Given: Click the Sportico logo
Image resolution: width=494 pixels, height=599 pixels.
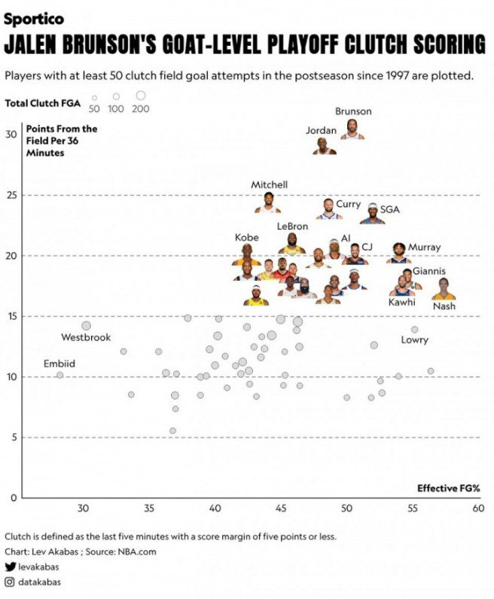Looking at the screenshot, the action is (34, 19).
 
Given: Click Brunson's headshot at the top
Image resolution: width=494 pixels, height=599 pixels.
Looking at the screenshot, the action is (352, 129).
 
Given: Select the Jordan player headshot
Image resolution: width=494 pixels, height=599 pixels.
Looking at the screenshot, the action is (325, 146).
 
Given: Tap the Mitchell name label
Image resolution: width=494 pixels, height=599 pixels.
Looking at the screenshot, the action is (269, 185).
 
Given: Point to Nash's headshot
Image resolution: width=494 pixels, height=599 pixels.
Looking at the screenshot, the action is (444, 289).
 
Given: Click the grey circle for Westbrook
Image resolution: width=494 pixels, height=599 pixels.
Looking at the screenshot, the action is (87, 326).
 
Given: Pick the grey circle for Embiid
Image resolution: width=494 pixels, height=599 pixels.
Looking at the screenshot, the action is (59, 376).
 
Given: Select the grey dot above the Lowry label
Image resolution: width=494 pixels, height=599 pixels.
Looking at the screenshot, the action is (414, 330).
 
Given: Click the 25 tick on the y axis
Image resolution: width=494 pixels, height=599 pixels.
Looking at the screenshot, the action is (11, 196).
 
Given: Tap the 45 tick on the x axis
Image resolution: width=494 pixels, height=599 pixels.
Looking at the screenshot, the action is (281, 509).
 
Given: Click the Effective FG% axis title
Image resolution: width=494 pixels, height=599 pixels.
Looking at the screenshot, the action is (449, 488).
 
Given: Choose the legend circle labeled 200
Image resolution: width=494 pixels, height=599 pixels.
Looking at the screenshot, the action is (141, 95).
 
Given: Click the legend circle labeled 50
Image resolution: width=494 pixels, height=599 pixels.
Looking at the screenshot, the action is (94, 98).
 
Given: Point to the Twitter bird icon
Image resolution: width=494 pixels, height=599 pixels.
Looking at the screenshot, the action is (11, 567).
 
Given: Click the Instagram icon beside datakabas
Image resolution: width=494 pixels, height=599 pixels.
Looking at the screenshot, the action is (10, 582).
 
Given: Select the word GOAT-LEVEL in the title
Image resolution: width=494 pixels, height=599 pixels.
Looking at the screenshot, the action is (212, 44).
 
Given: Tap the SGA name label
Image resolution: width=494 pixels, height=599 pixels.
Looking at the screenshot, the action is (389, 209).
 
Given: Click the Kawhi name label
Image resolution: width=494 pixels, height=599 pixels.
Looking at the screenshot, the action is (401, 303).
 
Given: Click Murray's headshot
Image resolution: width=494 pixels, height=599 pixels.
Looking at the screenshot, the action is (399, 253).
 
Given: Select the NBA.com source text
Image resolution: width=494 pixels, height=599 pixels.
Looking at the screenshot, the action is (137, 552).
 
